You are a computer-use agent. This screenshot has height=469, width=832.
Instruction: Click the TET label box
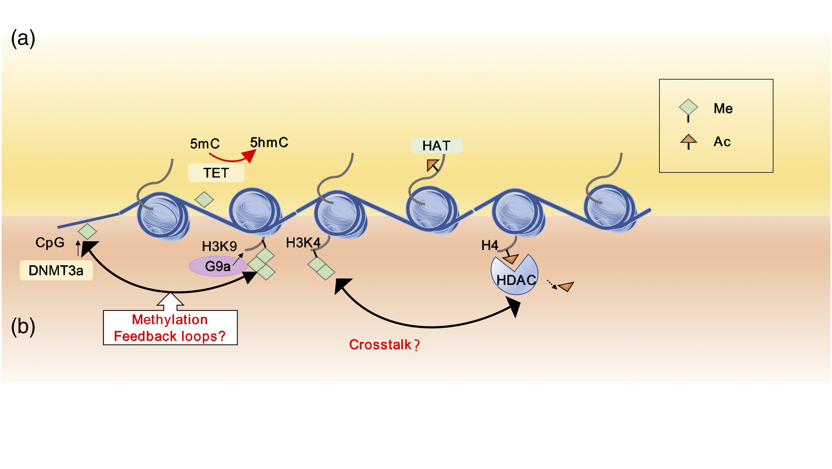click(x=216, y=173)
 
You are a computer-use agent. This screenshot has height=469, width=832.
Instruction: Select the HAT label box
click(x=436, y=146)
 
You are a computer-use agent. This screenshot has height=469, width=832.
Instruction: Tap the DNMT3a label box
click(x=56, y=270)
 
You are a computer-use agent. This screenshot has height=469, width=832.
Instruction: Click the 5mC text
click(x=205, y=144)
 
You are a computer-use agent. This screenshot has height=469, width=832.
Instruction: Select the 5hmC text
click(x=269, y=142)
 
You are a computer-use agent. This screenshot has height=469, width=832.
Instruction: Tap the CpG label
click(x=50, y=242)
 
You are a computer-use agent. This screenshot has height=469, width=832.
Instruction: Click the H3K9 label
click(x=219, y=246)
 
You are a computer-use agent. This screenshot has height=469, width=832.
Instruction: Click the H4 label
click(x=490, y=246)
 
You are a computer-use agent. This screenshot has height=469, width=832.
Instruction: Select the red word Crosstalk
click(x=380, y=345)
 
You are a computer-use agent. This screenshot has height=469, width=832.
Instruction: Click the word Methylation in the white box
click(x=170, y=320)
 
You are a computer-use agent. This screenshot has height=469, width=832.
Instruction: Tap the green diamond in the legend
click(x=688, y=107)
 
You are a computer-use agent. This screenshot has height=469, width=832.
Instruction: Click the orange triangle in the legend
click(x=688, y=139)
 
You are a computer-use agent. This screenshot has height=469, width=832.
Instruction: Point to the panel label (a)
click(x=23, y=39)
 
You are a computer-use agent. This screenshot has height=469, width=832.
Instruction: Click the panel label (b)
click(x=23, y=327)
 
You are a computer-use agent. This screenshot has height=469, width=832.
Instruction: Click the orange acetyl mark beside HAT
click(x=432, y=165)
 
